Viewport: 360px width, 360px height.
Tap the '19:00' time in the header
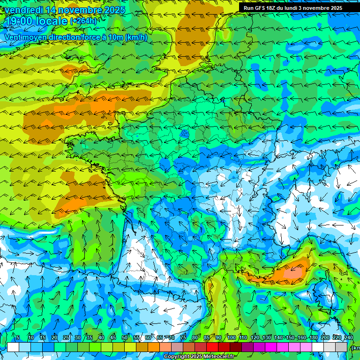click(19, 21)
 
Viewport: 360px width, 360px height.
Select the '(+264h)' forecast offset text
click(83, 21)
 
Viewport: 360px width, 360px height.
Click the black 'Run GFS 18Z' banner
click(293, 8)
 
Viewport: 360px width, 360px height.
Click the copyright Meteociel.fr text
click(200, 357)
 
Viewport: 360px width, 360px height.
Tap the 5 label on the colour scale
click(18, 338)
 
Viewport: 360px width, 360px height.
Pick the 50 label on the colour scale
click(125, 338)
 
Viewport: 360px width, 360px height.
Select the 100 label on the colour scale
click(232, 338)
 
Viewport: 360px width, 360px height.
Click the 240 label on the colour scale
click(348, 338)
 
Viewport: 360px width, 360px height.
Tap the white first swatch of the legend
click(13, 347)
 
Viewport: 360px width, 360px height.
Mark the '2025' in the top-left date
click(114, 10)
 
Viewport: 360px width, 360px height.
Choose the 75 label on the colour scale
click(183, 338)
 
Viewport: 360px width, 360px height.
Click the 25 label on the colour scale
click(66, 338)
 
